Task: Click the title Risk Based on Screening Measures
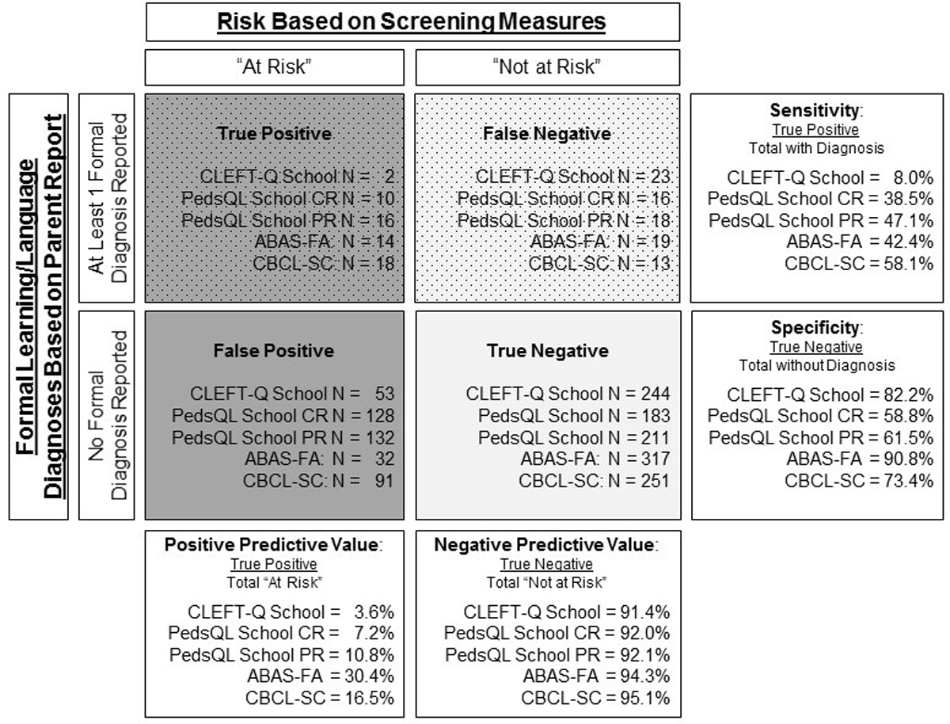pyautogui.click(x=412, y=21)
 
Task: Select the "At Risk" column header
pyautogui.click(x=274, y=67)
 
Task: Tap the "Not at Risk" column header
pyautogui.click(x=547, y=67)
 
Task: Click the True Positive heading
pyautogui.click(x=274, y=134)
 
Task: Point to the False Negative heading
pyautogui.click(x=547, y=134)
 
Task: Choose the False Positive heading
pyautogui.click(x=273, y=350)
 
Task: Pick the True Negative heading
pyautogui.click(x=547, y=350)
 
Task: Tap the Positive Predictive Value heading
pyautogui.click(x=273, y=546)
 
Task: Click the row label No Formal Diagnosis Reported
pyautogui.click(x=108, y=414)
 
